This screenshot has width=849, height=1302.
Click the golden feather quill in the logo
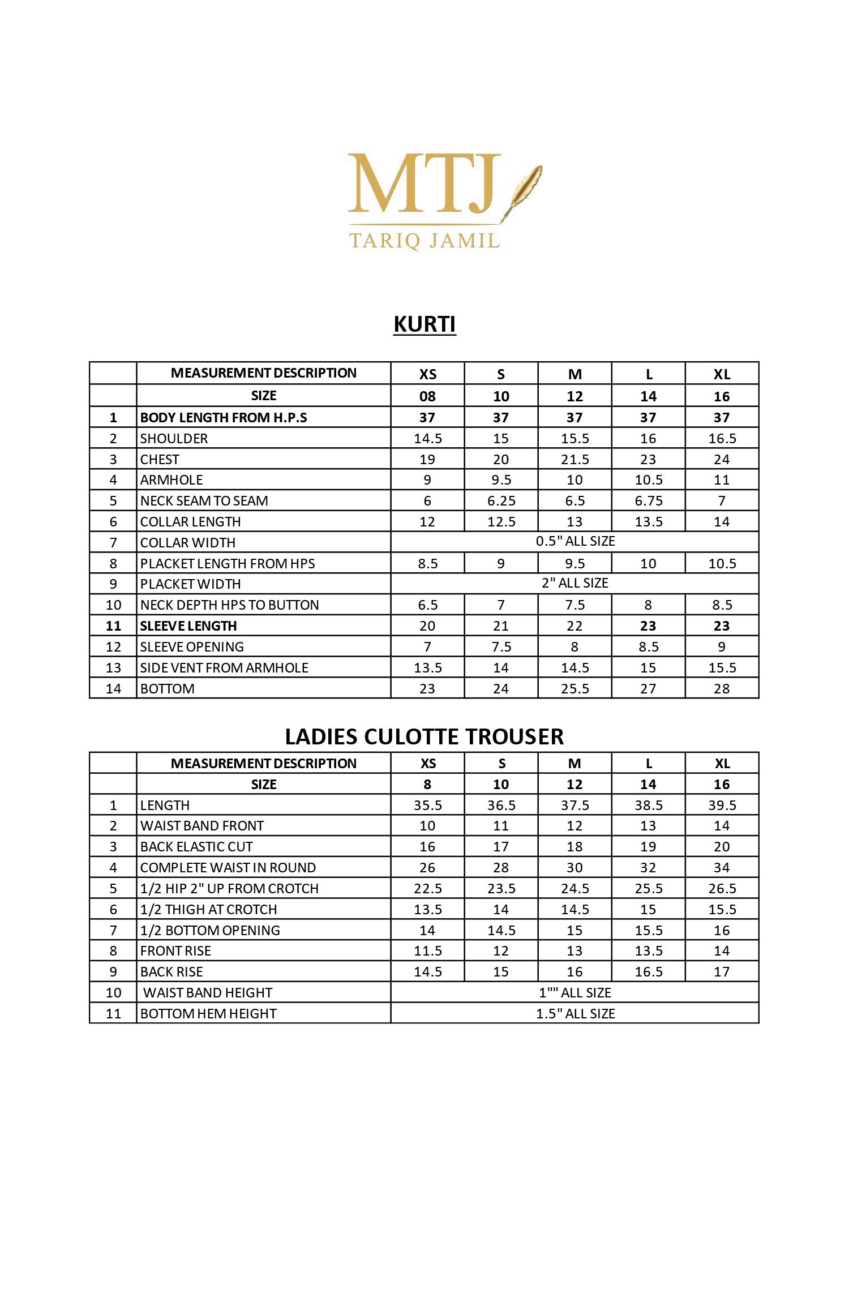[524, 187]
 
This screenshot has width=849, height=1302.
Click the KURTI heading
[424, 324]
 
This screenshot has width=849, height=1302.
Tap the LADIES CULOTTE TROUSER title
[424, 736]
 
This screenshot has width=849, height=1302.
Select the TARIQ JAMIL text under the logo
[424, 241]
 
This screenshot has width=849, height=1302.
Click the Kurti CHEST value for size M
[574, 459]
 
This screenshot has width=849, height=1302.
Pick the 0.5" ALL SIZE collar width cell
[574, 541]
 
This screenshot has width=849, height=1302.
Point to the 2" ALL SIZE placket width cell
[574, 583]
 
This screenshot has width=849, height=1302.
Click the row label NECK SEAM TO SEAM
[204, 501]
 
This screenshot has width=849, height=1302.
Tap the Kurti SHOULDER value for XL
[722, 439]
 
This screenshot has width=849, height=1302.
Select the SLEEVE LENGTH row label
[188, 626]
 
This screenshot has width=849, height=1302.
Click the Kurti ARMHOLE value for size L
[648, 480]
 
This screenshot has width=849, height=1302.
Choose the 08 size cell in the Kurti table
[427, 396]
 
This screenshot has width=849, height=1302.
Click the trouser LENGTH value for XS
[427, 805]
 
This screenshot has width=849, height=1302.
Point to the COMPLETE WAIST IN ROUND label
[228, 868]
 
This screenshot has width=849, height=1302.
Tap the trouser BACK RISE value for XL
[722, 972]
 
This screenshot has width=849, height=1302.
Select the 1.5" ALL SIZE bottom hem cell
[574, 1014]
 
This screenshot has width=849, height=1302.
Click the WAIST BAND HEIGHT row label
[207, 993]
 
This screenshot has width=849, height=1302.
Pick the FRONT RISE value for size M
[574, 951]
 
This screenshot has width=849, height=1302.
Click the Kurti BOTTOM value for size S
[501, 689]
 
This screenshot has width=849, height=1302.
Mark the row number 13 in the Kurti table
[113, 668]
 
